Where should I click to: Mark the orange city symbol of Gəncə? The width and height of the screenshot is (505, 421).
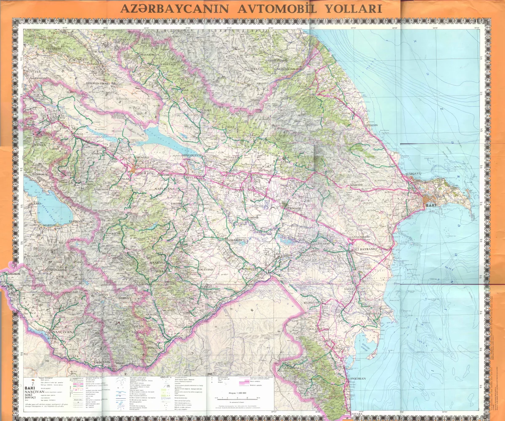click(x=134, y=171)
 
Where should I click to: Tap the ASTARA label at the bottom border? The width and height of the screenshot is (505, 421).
click(x=357, y=415)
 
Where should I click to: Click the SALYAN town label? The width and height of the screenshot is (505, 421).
click(x=350, y=290)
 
